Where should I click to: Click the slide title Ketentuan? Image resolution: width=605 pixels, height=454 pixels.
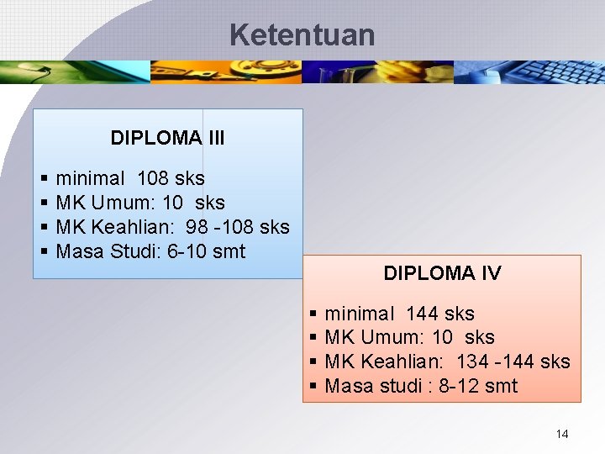(302, 35)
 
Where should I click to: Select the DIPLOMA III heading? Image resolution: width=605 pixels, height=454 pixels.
(167, 138)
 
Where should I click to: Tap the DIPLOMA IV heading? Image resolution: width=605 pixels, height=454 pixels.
(442, 273)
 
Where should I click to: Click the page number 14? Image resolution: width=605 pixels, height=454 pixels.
(562, 434)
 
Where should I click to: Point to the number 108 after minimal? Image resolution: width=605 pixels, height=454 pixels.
(153, 178)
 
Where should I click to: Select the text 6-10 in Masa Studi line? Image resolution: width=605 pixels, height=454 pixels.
(188, 251)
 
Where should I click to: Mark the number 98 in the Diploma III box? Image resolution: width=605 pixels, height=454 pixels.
(196, 227)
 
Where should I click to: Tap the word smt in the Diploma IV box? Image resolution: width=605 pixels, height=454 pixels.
(501, 387)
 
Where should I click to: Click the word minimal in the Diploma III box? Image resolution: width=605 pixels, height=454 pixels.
(88, 178)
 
